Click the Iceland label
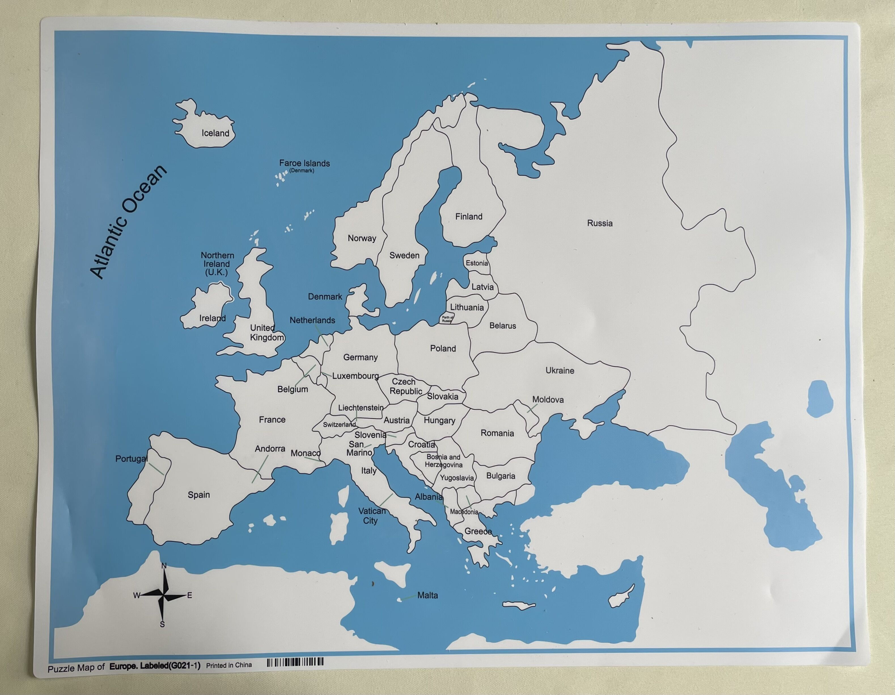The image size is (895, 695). (215, 133)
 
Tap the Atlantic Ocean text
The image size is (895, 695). (128, 222)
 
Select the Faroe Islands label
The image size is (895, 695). (304, 163)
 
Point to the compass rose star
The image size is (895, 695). (163, 595)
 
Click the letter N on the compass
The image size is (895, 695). (164, 566)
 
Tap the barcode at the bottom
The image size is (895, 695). (295, 662)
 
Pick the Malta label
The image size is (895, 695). (428, 595)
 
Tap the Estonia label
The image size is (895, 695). (477, 263)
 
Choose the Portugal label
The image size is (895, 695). (131, 459)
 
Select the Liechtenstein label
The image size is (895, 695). (361, 408)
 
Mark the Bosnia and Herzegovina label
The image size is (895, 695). (443, 461)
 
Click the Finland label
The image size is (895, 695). (469, 217)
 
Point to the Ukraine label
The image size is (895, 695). (560, 370)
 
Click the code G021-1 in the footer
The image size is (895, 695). (184, 666)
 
